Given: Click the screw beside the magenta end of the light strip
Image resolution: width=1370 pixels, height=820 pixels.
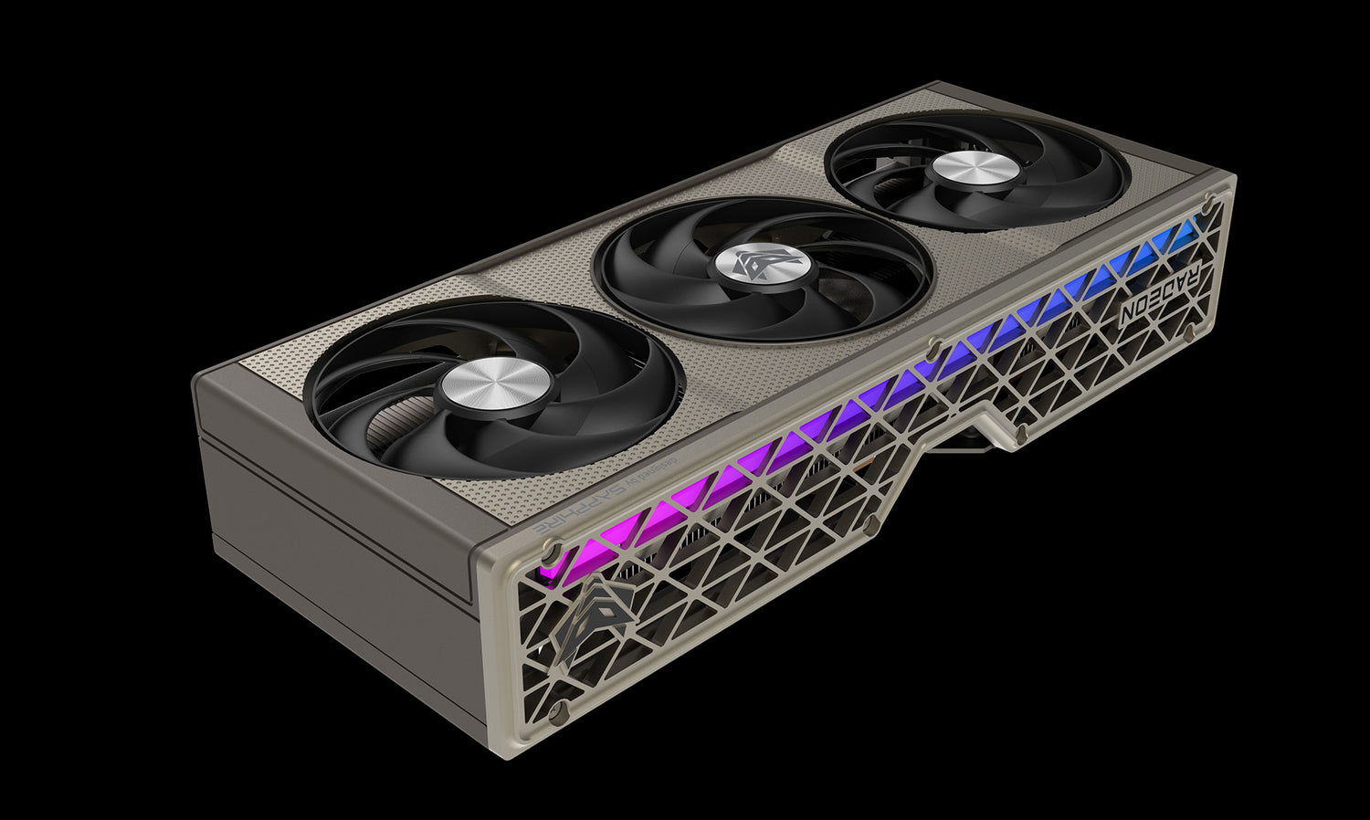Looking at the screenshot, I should point(550,548).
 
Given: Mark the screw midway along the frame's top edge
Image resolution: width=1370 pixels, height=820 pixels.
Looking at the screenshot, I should point(932,347).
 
